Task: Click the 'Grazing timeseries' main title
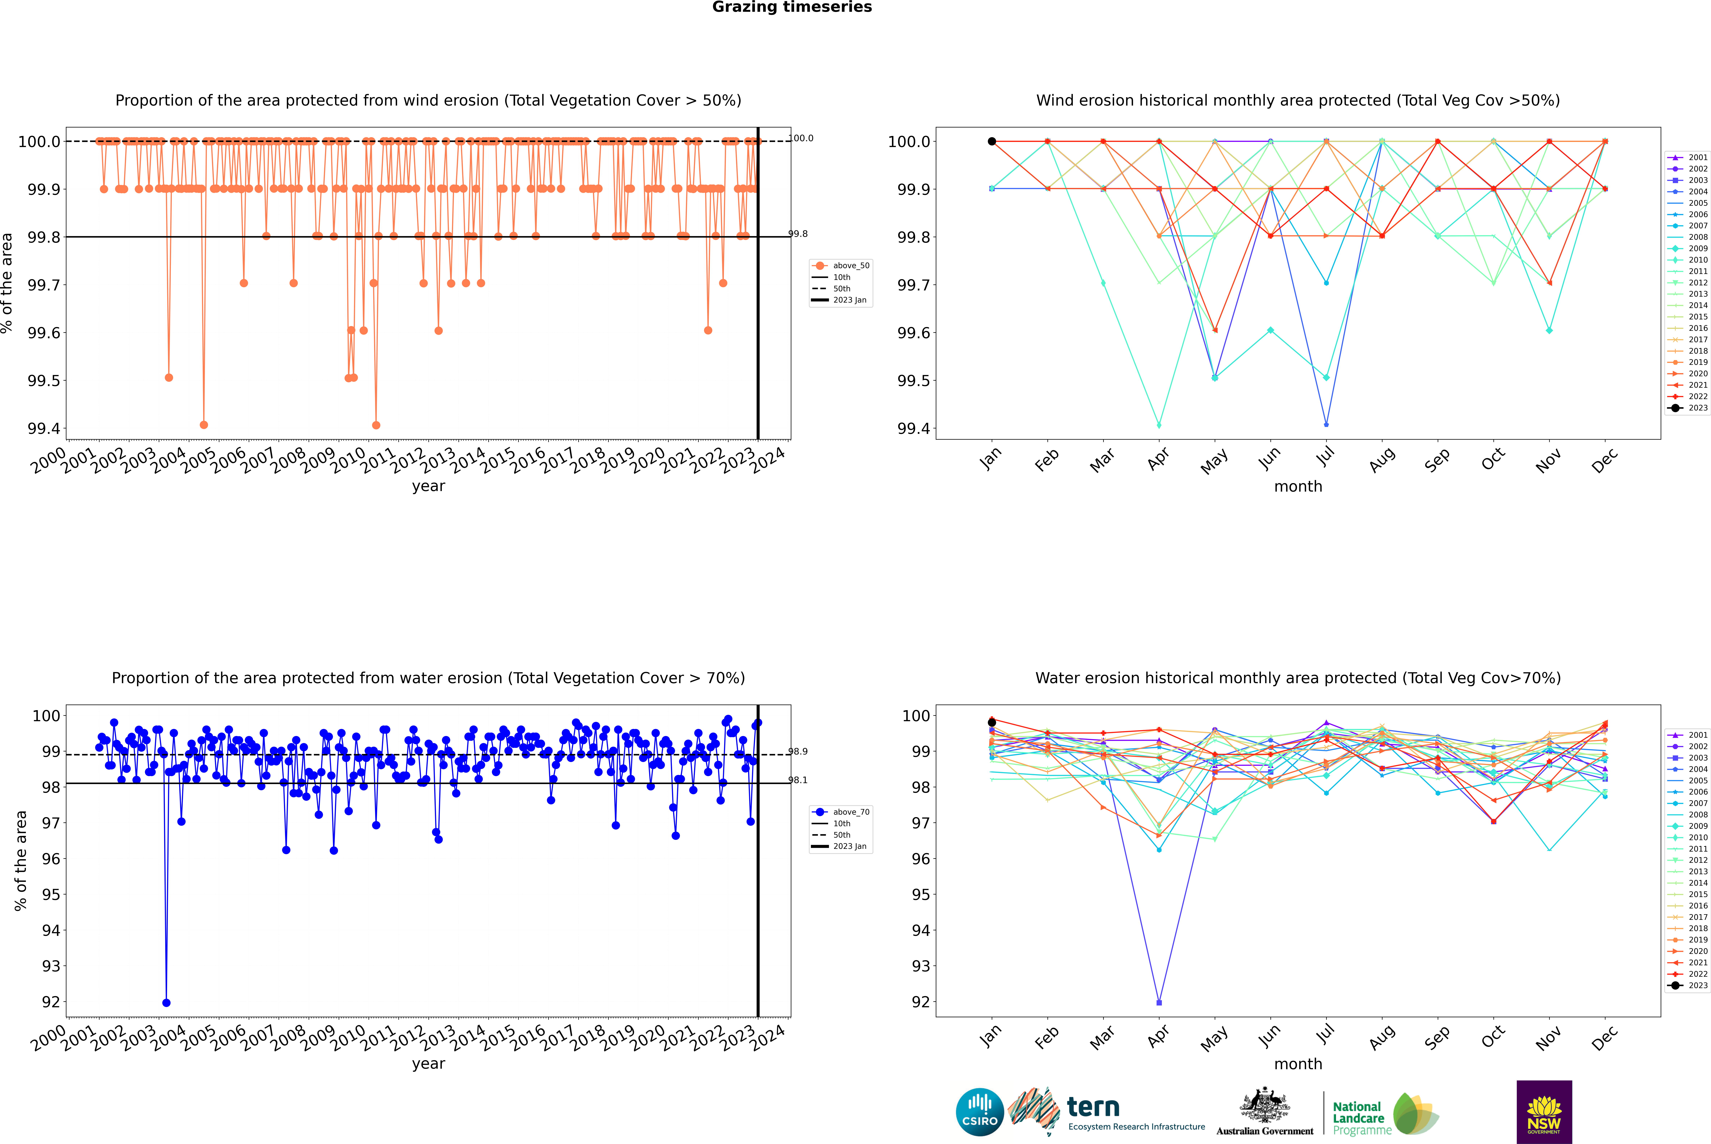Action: pyautogui.click(x=792, y=7)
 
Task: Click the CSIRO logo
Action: pyautogui.click(x=980, y=1112)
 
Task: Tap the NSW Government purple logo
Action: pyautogui.click(x=1544, y=1112)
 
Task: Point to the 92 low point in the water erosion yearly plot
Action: pyautogui.click(x=166, y=1002)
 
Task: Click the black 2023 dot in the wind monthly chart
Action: pyautogui.click(x=992, y=142)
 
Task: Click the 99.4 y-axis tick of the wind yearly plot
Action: pyautogui.click(x=44, y=428)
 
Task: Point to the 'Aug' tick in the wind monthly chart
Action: pyautogui.click(x=1382, y=460)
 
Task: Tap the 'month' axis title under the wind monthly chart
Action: pyautogui.click(x=1298, y=487)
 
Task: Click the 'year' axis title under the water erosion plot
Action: pyautogui.click(x=428, y=1064)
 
